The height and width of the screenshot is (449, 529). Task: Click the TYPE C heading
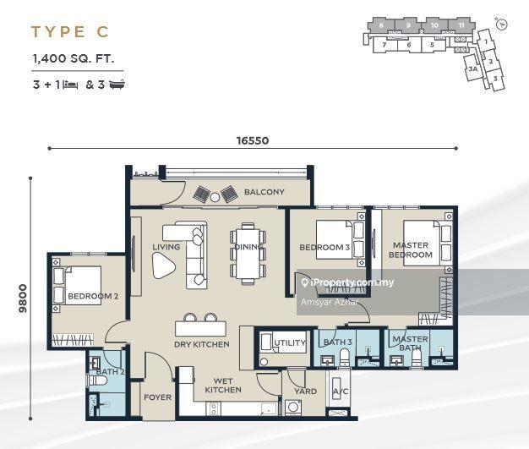pos(70,33)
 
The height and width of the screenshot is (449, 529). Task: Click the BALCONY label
pos(264,192)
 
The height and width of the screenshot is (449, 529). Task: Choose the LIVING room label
pos(166,247)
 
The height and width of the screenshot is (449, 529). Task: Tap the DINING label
pos(248,247)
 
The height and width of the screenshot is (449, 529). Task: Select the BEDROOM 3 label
pos(324,248)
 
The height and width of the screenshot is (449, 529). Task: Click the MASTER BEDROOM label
pos(411,250)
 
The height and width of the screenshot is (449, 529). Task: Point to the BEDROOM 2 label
pos(92,297)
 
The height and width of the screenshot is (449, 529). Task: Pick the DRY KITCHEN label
pos(202,344)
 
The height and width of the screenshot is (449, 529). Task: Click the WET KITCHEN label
pos(223,385)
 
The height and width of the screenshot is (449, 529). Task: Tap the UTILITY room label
pos(290,342)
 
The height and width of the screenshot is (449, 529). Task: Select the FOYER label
pos(157,397)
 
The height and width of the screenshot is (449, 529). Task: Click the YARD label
pos(305,392)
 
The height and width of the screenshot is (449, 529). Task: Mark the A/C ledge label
pos(341,392)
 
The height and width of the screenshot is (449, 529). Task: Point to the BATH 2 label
pos(110,371)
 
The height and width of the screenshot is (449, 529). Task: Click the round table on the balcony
pos(215,196)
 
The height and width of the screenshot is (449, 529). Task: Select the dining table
pos(248,253)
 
